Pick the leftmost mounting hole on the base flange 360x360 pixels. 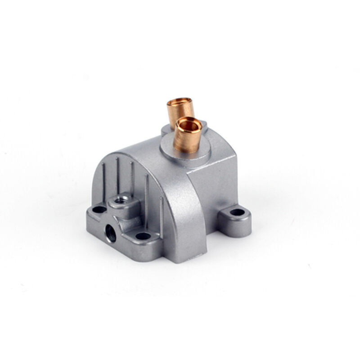click(x=97, y=209)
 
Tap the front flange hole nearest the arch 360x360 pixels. click(x=143, y=235)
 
